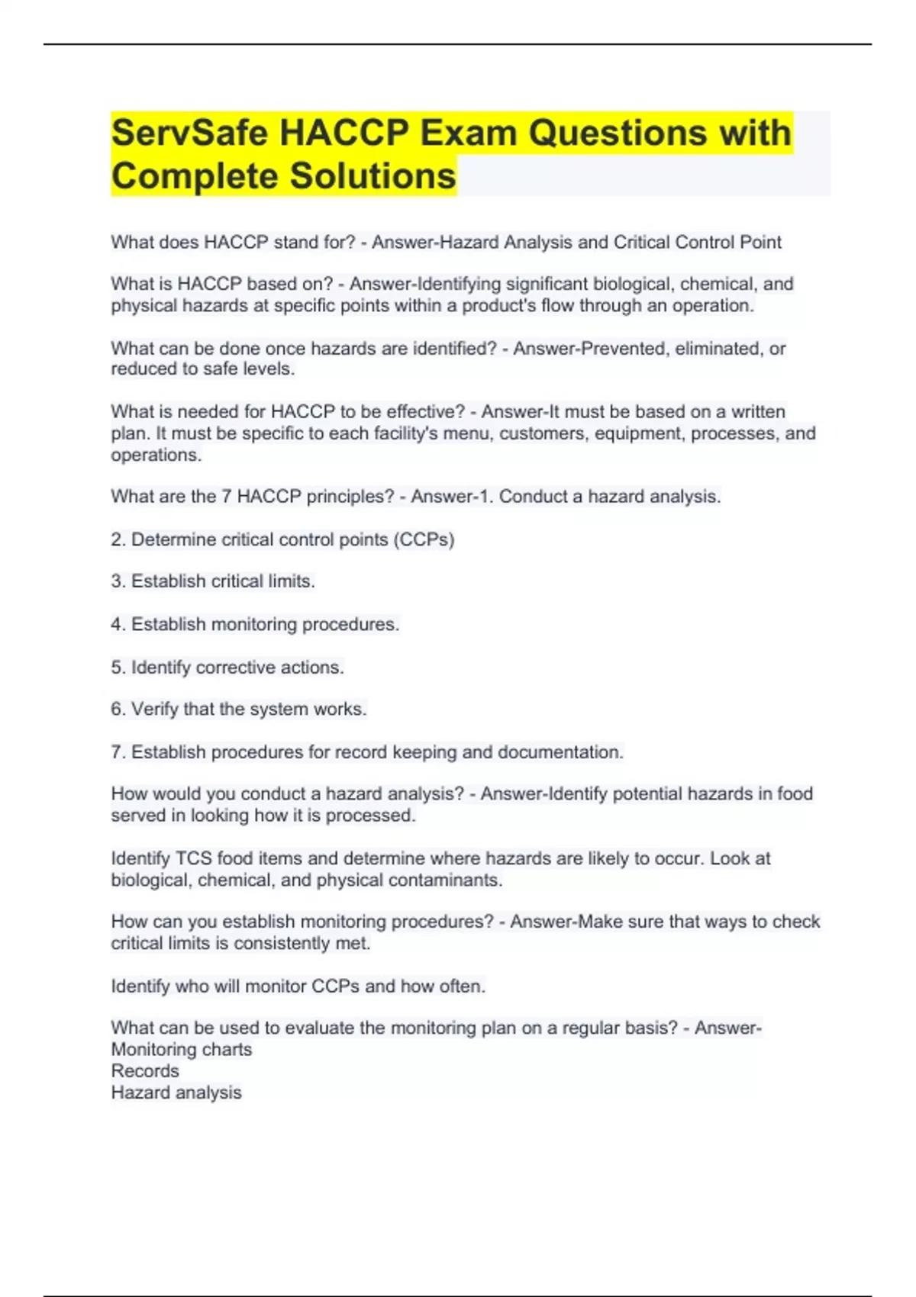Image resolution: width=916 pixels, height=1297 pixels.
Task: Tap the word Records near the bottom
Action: pos(145,1071)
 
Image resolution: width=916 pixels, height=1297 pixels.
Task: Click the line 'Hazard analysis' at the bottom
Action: pos(176,1093)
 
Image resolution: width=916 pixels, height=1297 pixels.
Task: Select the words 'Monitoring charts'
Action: pos(182,1050)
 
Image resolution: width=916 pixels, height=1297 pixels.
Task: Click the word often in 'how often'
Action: pos(462,986)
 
